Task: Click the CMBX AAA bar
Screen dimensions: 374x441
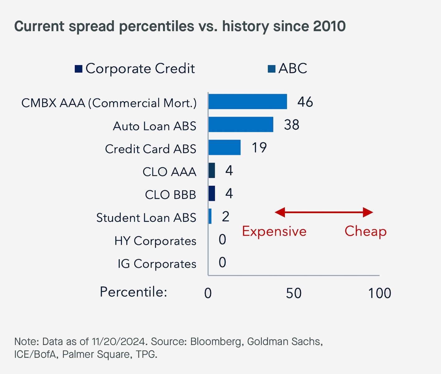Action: pos(247,102)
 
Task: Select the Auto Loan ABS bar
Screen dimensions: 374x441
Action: pos(241,125)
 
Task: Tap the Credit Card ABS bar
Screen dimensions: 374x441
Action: pos(224,147)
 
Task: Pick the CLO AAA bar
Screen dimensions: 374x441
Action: pos(212,170)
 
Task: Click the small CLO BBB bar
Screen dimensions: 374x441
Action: pos(212,194)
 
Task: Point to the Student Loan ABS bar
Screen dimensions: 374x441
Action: pos(210,216)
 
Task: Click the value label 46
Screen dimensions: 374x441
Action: pos(305,102)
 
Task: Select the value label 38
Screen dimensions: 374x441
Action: pos(291,125)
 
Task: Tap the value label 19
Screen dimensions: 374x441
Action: pos(259,148)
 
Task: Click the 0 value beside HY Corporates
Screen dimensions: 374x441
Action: pos(222,239)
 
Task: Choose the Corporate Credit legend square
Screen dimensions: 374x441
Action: pos(79,69)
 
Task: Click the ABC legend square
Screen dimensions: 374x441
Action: pos(271,69)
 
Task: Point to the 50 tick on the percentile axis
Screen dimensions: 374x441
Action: pos(294,293)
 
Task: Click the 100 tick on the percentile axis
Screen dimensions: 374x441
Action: pos(379,293)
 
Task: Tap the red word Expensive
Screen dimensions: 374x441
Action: pos(274,231)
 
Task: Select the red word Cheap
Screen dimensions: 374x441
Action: pos(366,231)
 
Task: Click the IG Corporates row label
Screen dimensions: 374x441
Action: pos(157,264)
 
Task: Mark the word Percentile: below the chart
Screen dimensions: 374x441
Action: pos(133,292)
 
